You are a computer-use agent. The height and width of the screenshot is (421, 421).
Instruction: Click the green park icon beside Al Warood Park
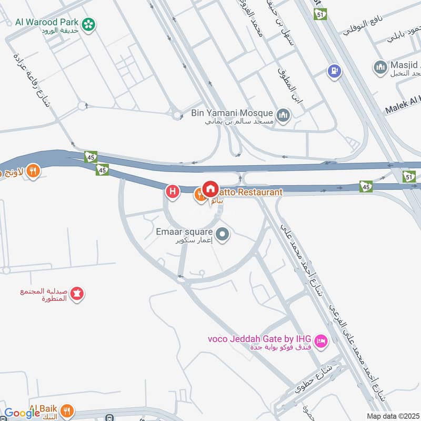89,23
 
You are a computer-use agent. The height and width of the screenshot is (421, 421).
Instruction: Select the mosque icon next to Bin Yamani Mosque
284,114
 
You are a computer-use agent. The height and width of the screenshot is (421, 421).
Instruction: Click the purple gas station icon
333,71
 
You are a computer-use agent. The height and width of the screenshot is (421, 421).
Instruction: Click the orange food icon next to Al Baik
67,411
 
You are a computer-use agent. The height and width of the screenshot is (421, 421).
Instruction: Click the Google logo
22,413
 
